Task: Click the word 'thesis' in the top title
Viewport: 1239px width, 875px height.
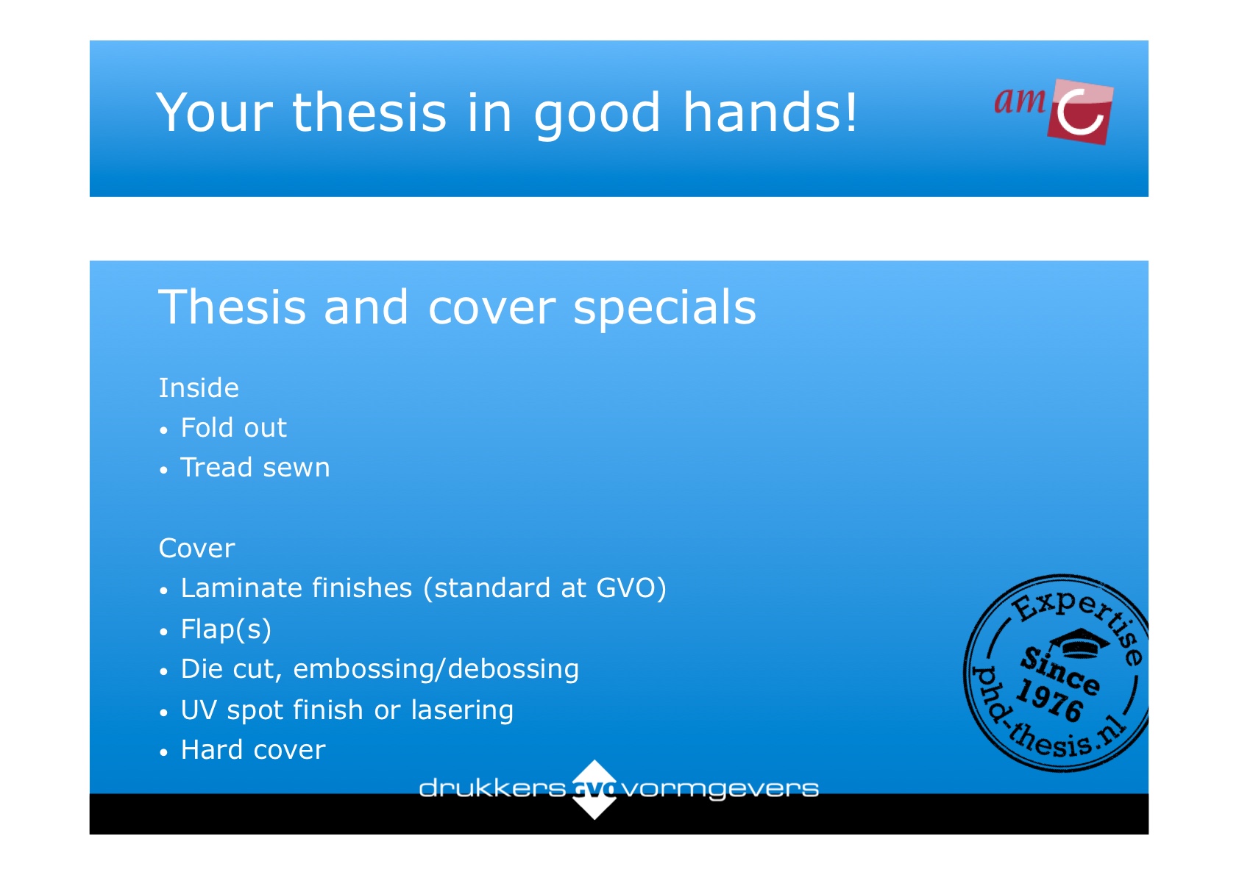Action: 369,113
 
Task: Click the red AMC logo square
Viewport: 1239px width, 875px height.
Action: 1079,113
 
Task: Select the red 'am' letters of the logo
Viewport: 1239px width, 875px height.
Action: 1020,100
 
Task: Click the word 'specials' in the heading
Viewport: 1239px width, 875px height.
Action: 664,308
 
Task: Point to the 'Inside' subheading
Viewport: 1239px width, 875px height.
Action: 199,387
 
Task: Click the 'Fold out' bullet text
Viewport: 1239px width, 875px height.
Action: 233,427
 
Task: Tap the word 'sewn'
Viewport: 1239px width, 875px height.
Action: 297,468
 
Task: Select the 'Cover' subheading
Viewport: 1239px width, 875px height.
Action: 197,549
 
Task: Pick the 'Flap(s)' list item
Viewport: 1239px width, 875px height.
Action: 226,629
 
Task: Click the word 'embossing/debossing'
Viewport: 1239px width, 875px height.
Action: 436,669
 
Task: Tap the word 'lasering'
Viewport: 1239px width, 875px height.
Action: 462,710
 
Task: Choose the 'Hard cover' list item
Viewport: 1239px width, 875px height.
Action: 253,750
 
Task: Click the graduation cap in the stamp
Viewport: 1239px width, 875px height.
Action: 1079,643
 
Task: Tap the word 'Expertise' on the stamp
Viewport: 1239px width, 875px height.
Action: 1079,621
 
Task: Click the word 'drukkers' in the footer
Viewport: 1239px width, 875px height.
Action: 492,788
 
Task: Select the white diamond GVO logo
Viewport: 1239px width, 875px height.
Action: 594,789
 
